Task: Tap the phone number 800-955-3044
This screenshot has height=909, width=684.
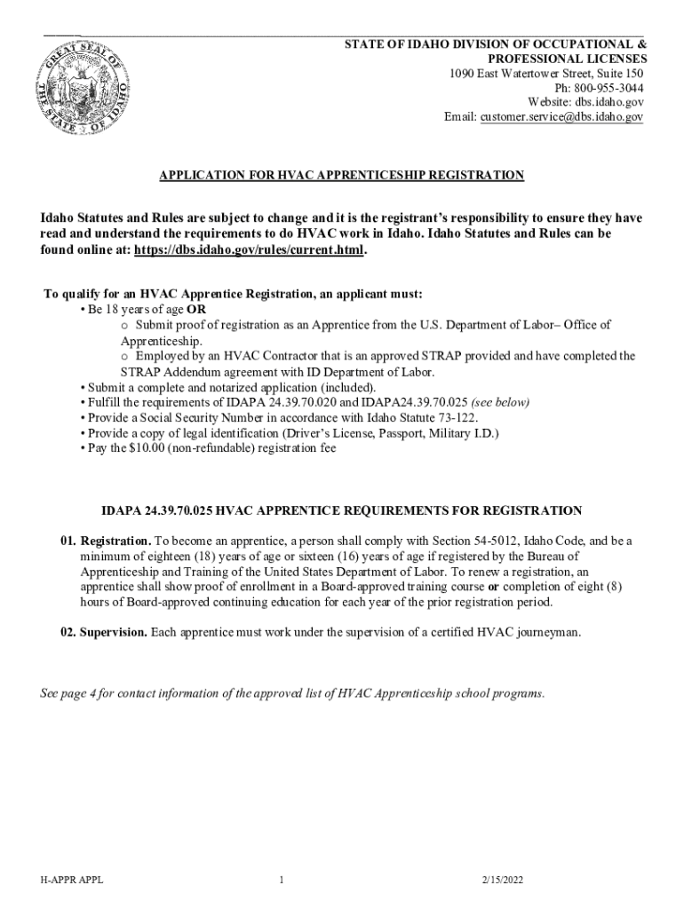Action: point(611,88)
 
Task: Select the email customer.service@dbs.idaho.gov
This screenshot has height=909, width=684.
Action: point(561,116)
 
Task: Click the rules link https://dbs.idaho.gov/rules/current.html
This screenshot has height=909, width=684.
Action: point(249,250)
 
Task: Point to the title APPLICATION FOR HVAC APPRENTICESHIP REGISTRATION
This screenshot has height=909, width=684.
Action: point(341,176)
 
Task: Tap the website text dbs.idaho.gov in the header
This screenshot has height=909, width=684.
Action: point(611,102)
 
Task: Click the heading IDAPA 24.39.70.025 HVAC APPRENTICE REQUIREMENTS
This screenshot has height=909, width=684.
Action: point(341,510)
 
